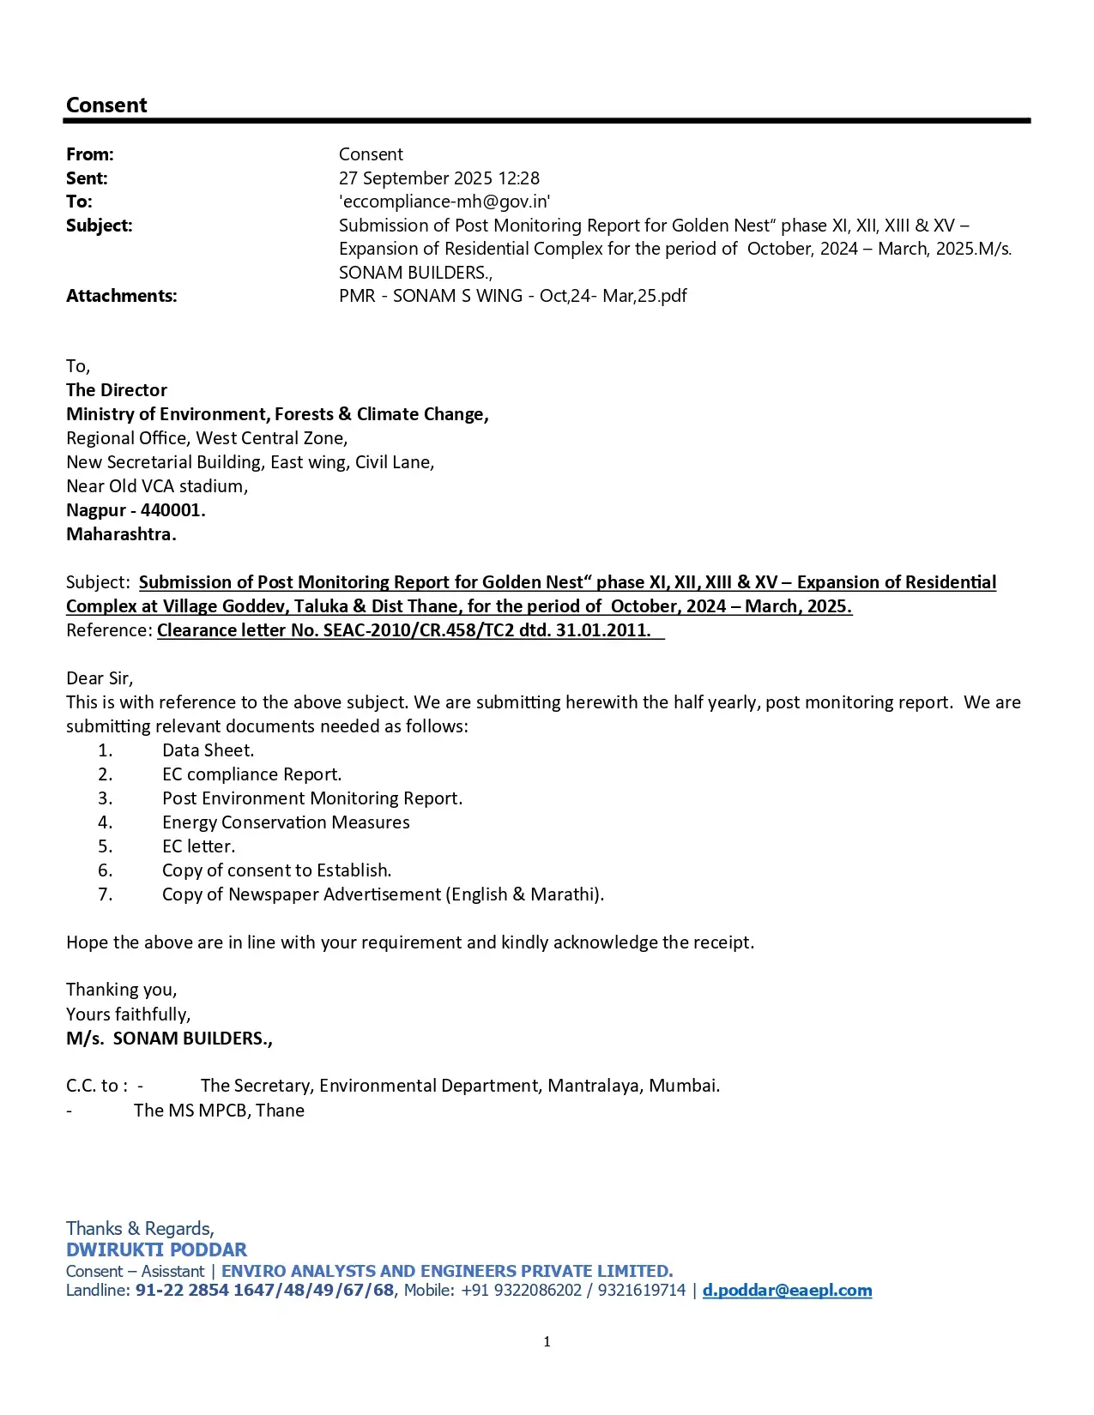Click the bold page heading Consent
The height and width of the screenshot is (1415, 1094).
[106, 105]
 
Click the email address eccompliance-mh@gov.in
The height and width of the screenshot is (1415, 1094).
[444, 202]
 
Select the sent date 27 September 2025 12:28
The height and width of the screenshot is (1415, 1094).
[438, 178]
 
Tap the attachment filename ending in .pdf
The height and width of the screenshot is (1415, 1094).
[512, 296]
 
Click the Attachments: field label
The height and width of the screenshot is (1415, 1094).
[121, 296]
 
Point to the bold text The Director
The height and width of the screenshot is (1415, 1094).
[117, 390]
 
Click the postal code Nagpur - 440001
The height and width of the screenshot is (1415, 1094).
[136, 510]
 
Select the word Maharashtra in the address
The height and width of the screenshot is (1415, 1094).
[121, 534]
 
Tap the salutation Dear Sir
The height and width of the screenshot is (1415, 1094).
[100, 678]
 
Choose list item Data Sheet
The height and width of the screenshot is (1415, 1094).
[208, 750]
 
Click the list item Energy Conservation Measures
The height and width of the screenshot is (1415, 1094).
[286, 822]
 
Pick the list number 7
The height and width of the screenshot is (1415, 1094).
[105, 894]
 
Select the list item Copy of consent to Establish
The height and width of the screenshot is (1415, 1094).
[276, 870]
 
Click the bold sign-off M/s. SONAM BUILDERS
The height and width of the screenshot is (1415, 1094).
[169, 1039]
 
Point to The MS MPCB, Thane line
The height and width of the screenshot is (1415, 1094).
[219, 1111]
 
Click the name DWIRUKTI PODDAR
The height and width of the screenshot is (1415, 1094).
[156, 1249]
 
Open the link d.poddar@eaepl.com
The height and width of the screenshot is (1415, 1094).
[787, 1291]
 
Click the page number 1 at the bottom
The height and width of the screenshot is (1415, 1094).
[547, 1342]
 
